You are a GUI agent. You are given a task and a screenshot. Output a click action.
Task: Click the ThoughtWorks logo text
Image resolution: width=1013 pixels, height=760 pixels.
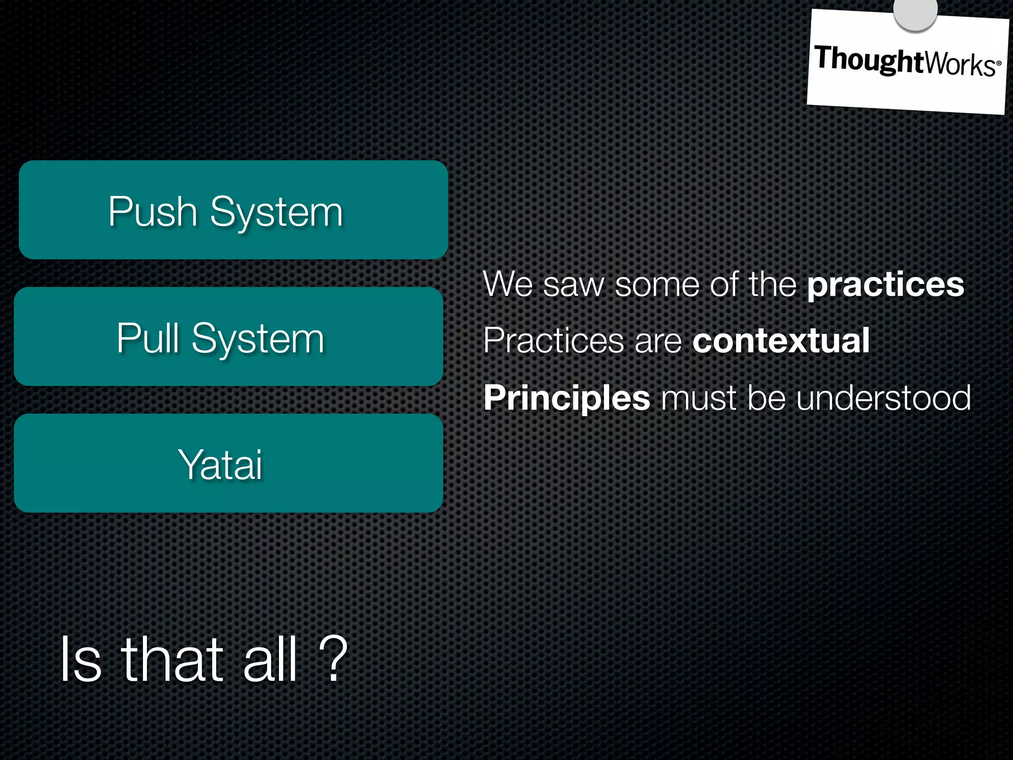pos(907,61)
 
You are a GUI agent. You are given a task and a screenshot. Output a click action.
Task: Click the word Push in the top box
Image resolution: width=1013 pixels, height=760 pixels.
pos(153,212)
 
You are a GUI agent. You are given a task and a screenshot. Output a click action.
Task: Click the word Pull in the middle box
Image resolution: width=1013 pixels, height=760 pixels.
pos(148,338)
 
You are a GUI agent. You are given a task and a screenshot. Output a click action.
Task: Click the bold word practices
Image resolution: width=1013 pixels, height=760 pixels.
pos(885,285)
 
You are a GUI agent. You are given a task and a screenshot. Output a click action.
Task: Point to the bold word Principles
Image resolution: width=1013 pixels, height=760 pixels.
pos(566,398)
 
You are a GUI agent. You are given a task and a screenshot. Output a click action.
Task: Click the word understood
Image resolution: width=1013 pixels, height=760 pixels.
pos(883,398)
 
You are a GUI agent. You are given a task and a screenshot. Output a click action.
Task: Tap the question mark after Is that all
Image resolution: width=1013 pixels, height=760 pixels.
pos(333,659)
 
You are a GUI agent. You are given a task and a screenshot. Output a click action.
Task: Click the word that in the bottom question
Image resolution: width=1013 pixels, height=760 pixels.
pos(173,659)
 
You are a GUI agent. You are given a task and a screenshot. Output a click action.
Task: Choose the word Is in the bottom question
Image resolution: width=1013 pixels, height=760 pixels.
pos(81,659)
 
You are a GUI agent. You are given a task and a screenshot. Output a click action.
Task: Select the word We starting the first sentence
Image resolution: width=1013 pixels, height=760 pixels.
pos(507,285)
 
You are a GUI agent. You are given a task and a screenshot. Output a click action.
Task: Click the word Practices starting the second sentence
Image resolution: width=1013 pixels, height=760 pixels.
pos(553,340)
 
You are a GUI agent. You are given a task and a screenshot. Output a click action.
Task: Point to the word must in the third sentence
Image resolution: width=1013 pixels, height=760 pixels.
pos(698,398)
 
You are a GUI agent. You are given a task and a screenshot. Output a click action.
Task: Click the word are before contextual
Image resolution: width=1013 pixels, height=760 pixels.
pos(658,341)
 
